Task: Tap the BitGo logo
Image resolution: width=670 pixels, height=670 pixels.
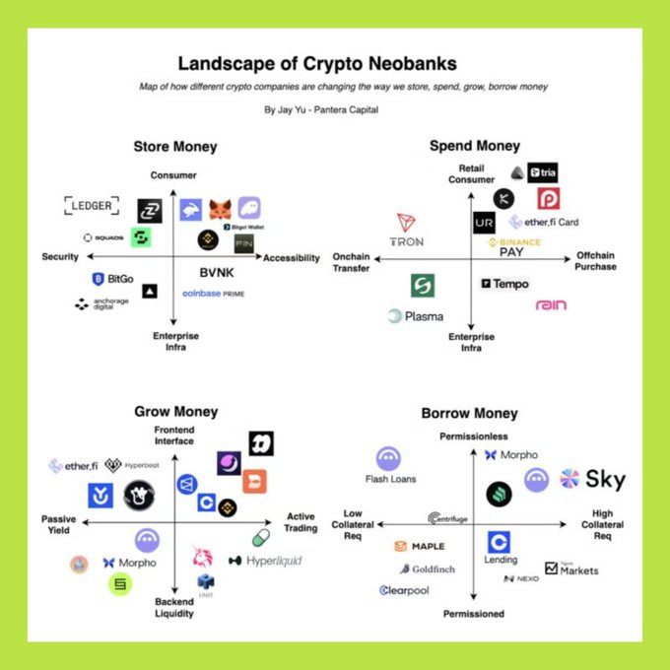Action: (112, 280)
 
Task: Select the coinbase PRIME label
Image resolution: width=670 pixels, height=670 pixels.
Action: (214, 294)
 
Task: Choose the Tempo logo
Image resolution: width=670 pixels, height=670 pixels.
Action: (504, 284)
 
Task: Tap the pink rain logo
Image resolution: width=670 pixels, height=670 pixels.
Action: (551, 305)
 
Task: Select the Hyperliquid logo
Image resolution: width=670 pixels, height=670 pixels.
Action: (265, 561)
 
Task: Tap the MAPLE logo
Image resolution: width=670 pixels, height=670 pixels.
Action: (420, 546)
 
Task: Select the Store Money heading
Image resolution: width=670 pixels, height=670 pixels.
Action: (175, 147)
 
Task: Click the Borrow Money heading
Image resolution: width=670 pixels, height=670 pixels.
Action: (469, 413)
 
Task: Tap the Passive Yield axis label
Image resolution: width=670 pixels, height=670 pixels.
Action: (58, 524)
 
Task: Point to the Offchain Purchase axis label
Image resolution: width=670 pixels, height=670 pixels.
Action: (596, 261)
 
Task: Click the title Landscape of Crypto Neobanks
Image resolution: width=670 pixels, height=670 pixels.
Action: (316, 65)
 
